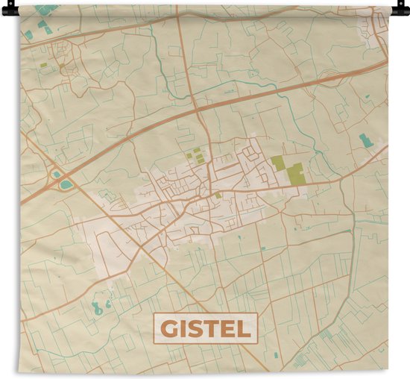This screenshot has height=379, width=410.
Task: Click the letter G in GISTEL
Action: (171, 329)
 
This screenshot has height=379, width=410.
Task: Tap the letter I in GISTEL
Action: (185, 329)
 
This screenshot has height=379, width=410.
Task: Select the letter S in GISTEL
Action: (197, 329)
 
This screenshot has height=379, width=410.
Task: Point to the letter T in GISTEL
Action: (212, 329)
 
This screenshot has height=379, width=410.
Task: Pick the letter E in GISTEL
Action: (227, 329)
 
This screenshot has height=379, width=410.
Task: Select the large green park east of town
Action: (294, 173)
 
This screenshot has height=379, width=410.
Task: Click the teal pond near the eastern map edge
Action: (365, 140)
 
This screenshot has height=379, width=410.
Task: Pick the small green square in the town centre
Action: (218, 195)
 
